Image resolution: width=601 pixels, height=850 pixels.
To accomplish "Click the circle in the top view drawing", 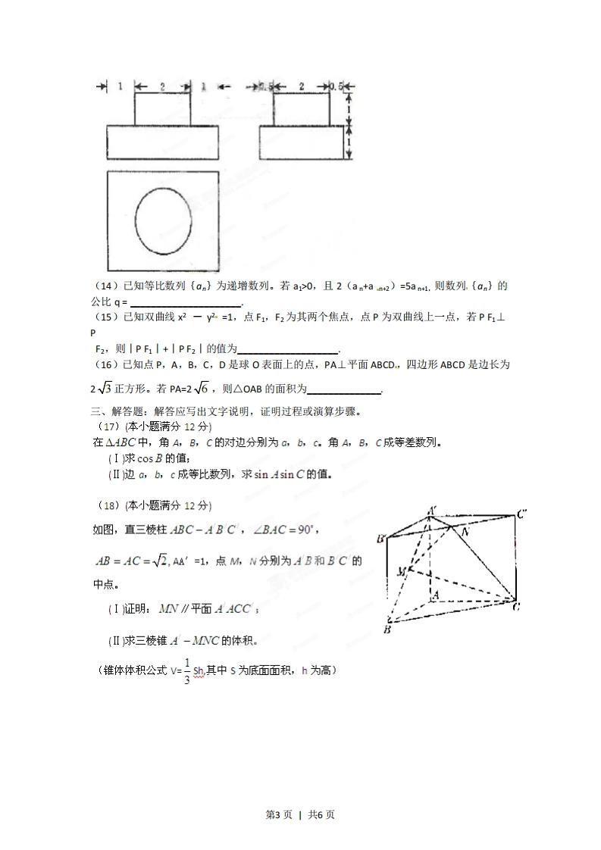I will tap(163, 221).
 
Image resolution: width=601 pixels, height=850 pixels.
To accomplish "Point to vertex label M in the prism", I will tap(401, 571).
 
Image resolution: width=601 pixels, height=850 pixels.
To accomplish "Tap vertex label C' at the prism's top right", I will tap(522, 514).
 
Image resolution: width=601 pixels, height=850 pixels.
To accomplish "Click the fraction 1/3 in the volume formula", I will tap(186, 671).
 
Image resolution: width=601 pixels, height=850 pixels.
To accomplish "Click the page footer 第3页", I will tap(279, 815).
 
